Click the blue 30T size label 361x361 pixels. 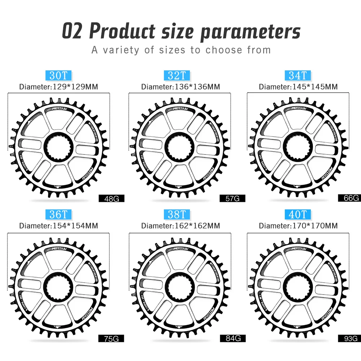[58, 75]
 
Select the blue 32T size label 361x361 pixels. [177, 75]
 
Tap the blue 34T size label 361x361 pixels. [297, 75]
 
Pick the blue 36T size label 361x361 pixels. [58, 214]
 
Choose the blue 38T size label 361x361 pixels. [177, 214]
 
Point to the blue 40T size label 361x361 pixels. [297, 214]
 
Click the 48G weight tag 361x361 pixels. [111, 198]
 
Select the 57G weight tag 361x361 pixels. [232, 198]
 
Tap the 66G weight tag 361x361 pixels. [349, 198]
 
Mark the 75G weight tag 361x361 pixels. [111, 338]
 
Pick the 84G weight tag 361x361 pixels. [232, 338]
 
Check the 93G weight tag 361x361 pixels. [349, 338]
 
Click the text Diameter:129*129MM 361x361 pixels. [58, 87]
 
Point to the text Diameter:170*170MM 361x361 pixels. [298, 226]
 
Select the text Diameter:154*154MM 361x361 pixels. [58, 226]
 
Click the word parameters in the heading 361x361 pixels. [250, 32]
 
